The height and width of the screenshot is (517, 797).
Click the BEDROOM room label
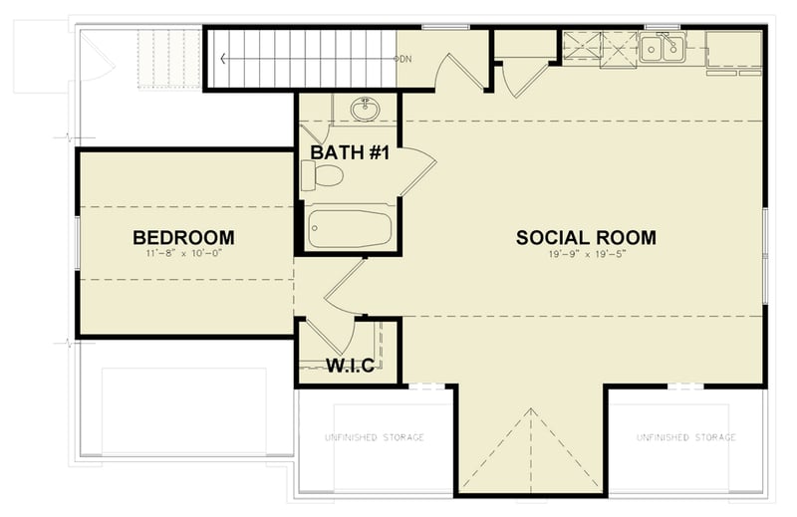[184, 237]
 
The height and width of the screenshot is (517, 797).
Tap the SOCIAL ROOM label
[586, 237]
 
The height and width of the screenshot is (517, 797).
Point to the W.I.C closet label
[351, 366]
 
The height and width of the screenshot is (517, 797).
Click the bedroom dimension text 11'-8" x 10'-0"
[184, 255]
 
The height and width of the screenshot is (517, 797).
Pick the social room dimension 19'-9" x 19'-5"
[586, 254]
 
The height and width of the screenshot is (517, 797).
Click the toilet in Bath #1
[322, 177]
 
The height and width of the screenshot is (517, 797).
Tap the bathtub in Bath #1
[348, 227]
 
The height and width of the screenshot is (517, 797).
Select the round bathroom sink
[364, 109]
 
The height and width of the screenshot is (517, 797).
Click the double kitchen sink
[662, 47]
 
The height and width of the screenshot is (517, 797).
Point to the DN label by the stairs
[405, 60]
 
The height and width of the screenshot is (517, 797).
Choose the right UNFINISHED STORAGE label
[687, 437]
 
